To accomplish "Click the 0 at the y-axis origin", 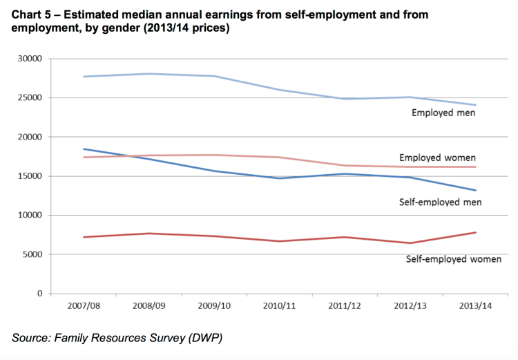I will (39, 294).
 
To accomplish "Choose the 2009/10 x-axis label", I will (214, 305).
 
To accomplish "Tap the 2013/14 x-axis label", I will (476, 305).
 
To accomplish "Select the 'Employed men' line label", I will (443, 113).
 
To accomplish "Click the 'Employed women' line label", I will (438, 158).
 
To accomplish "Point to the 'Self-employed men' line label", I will (440, 202).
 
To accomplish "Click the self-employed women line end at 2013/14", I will (476, 232).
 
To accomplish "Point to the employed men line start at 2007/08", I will (84, 76).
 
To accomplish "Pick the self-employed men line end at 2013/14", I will (476, 190).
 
